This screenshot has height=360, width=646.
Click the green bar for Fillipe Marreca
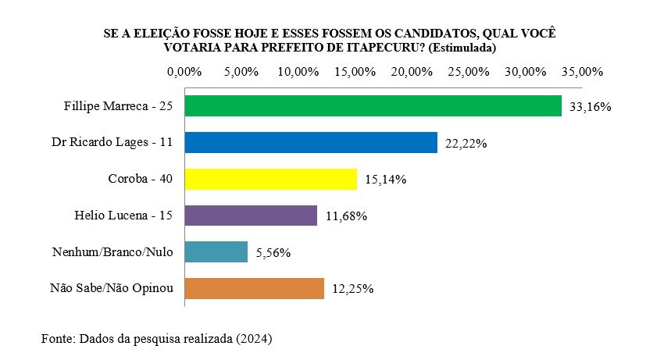coord(373,106)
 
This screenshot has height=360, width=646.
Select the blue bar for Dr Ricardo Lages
coord(310,143)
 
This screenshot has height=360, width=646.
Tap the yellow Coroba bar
coord(270,180)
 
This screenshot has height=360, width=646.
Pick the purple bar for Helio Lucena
coord(250,216)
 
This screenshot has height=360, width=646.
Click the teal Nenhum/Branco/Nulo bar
coord(216,251)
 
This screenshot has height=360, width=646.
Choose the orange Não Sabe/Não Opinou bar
coord(254,288)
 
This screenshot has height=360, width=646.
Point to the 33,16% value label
coord(590,107)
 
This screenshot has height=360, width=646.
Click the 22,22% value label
coord(466,144)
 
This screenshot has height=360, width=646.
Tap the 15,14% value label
coord(386,180)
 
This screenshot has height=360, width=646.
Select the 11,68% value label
coord(346,216)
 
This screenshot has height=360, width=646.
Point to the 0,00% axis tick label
coord(185,72)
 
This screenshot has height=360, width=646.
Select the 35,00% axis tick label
coord(582,72)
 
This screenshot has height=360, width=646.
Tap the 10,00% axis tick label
coord(298,72)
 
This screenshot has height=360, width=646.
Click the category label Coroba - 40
coord(140,179)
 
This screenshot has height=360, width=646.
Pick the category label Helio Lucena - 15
coord(127,215)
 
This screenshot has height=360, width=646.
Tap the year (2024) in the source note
coord(255,340)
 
